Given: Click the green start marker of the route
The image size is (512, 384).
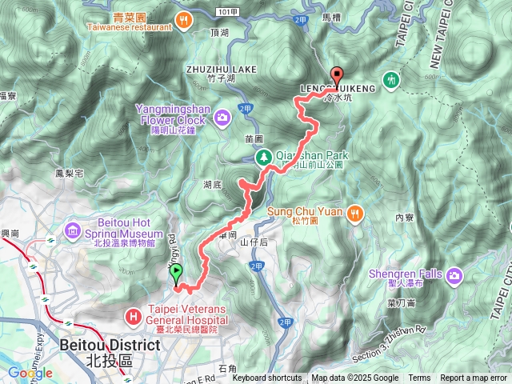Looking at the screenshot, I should pyautogui.click(x=176, y=274).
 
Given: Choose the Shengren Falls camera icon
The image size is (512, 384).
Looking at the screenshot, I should pyautogui.click(x=455, y=276).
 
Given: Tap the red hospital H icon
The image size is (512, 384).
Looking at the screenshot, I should pyautogui.click(x=132, y=316).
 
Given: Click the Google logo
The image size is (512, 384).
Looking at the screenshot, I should pyautogui.click(x=30, y=373).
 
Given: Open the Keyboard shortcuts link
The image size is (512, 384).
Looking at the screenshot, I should pyautogui.click(x=267, y=378).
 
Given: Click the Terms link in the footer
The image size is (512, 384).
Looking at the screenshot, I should pyautogui.click(x=419, y=378).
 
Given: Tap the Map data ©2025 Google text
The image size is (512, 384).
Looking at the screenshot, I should pyautogui.click(x=354, y=378).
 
